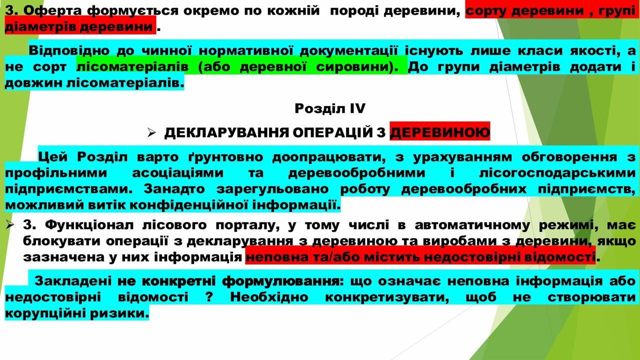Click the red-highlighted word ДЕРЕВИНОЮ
coord(440,133)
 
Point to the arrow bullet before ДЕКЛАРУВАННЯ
coord(151,132)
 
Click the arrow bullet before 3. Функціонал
coord(9,225)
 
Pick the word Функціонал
coord(89,225)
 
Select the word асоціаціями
coord(177,173)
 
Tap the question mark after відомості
coord(209,297)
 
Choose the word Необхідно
coord(269,297)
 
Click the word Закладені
coord(73,281)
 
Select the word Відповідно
coord(69,51)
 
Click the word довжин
coord(32,83)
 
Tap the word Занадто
coord(174,189)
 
